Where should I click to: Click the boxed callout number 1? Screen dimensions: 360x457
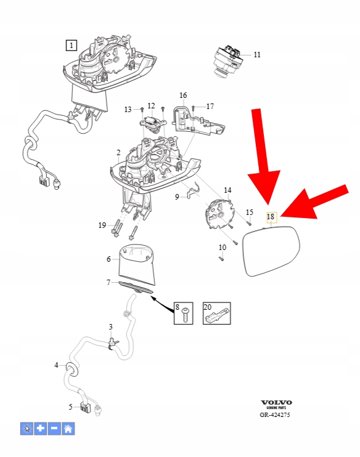tap(71, 45)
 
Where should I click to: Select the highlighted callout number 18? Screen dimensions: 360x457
tap(271, 217)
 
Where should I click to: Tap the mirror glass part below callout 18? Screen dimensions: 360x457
tap(271, 251)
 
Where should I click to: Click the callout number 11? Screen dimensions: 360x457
tap(257, 54)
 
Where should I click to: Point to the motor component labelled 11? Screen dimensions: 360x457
tap(229, 60)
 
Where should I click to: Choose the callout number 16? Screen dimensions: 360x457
tap(183, 95)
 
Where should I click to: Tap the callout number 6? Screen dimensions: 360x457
tap(108, 259)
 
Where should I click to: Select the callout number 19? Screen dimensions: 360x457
tap(102, 225)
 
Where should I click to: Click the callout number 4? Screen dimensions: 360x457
tap(56, 365)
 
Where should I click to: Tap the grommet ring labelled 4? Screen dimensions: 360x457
tap(72, 368)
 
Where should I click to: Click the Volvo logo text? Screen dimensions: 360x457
tap(276, 403)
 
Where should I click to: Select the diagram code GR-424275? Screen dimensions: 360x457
tap(275, 415)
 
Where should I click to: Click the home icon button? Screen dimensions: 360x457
tap(68, 429)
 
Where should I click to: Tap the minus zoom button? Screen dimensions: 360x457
tap(54, 429)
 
